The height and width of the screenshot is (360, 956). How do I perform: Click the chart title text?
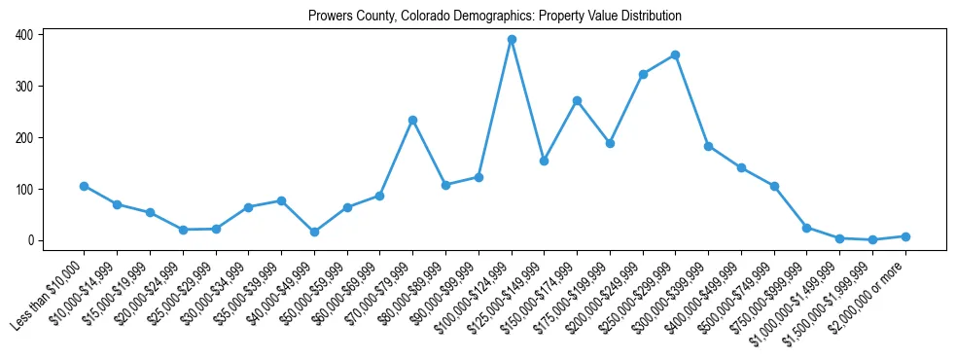pos(494,17)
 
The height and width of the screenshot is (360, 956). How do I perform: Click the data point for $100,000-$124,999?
pos(512,40)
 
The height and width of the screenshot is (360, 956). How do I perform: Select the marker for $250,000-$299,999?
pos(675,54)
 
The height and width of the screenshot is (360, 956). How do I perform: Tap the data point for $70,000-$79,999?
pos(412,120)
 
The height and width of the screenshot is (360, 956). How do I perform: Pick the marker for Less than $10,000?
pos(84,186)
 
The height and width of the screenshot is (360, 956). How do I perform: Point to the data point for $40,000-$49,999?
pos(314,233)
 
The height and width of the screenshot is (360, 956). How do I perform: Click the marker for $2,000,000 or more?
pos(905,236)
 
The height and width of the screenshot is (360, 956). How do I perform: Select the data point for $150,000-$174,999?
pos(577,100)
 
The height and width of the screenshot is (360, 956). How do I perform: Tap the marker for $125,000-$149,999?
pos(544,161)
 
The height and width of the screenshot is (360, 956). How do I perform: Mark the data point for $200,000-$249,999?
pos(643,74)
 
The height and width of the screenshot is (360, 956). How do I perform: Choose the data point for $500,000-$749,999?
pos(774,186)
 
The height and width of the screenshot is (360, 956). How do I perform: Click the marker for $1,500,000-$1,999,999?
pos(872,239)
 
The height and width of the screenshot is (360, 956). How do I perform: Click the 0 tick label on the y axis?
pos(32,240)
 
